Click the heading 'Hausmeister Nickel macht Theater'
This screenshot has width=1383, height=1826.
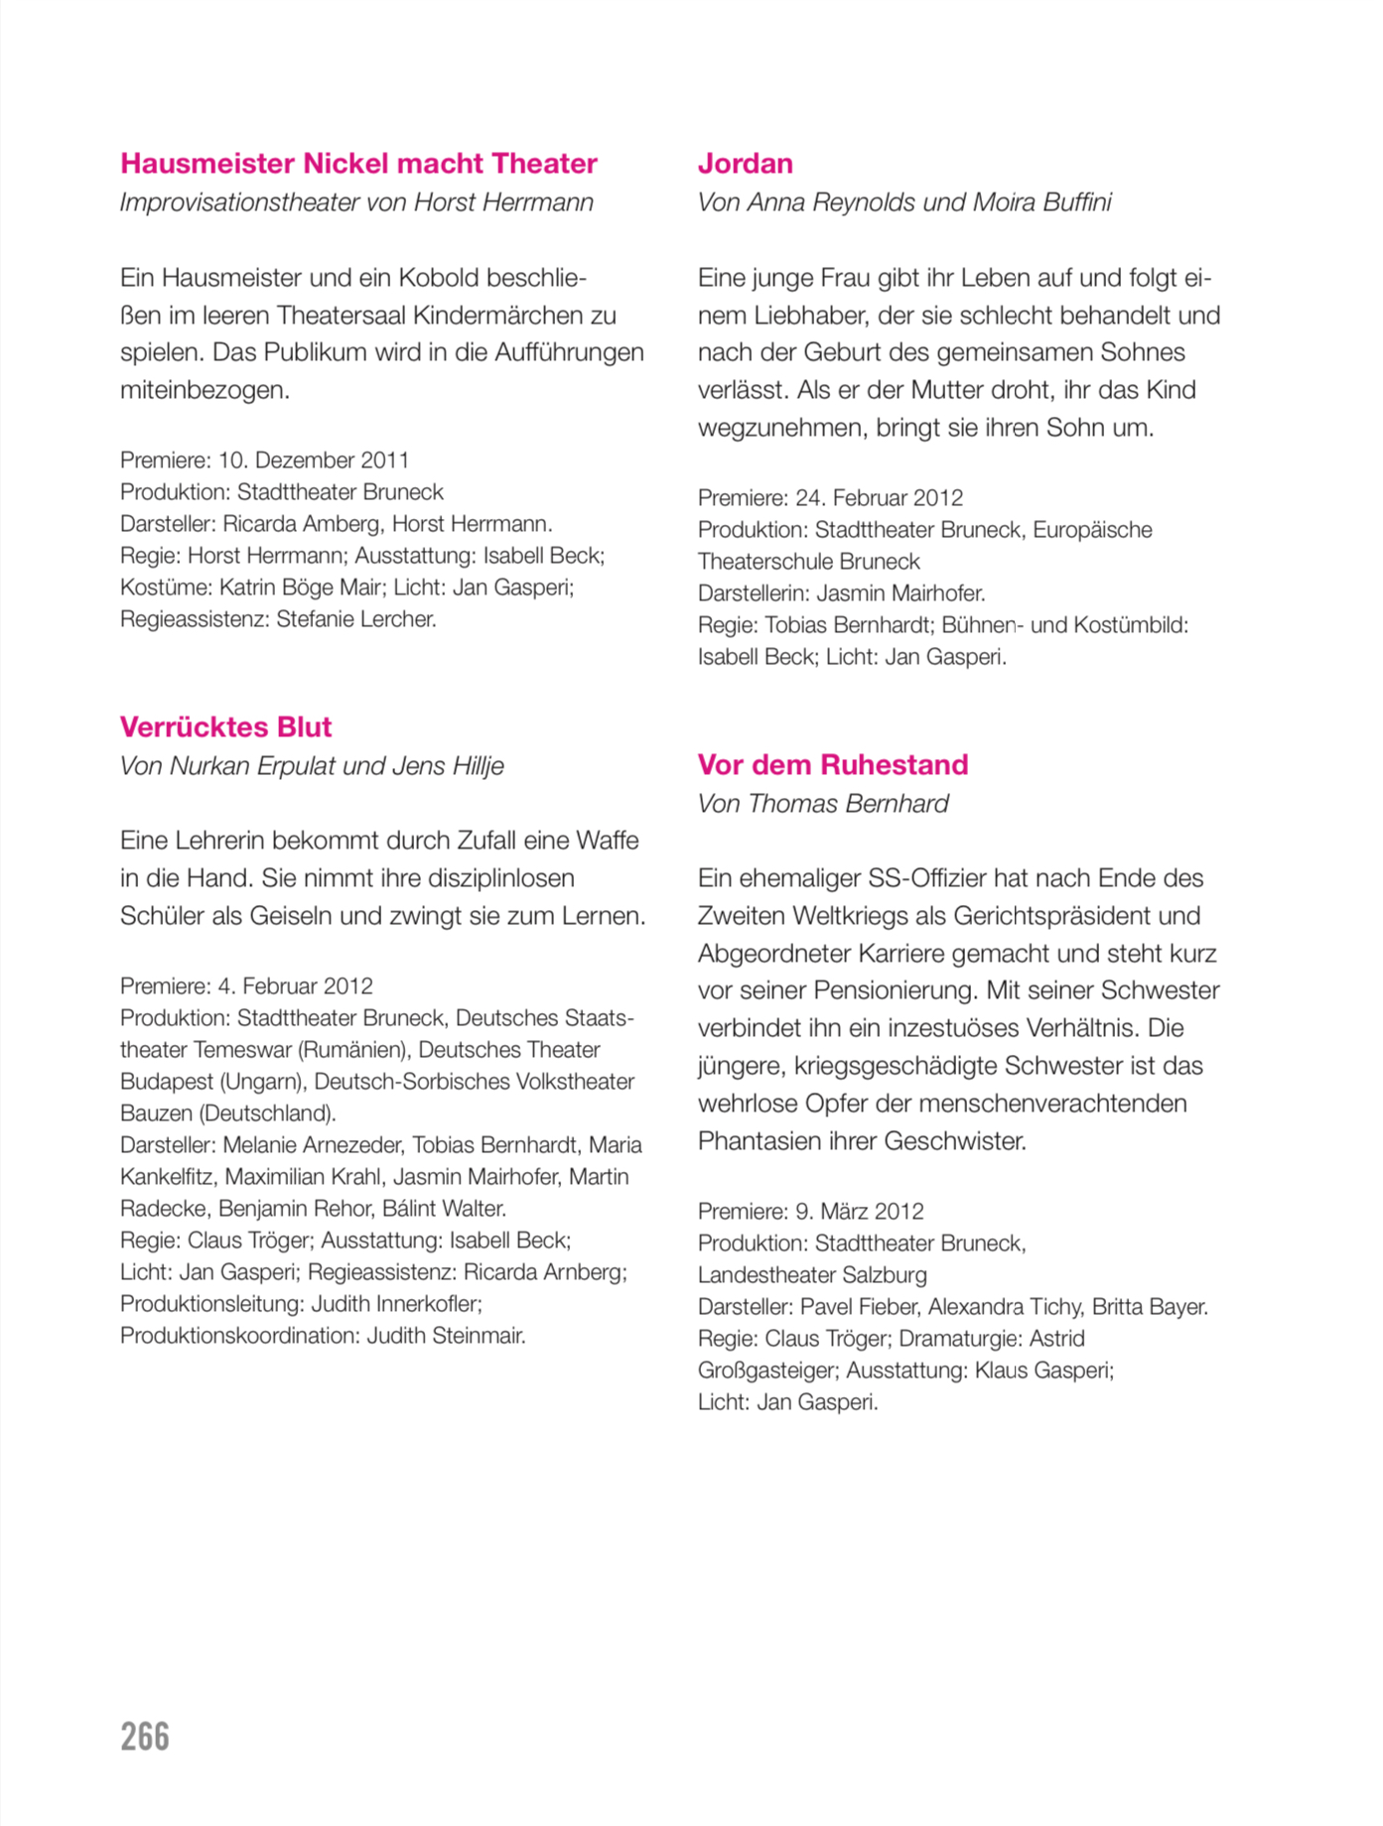(358, 164)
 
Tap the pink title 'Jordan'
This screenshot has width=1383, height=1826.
(745, 164)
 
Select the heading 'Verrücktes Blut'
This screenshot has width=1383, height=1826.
(225, 727)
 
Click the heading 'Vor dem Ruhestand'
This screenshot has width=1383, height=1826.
(832, 765)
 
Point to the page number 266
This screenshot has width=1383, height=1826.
(145, 1737)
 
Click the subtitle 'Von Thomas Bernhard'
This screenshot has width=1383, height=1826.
(822, 804)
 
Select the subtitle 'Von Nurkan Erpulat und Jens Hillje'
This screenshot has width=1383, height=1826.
(312, 766)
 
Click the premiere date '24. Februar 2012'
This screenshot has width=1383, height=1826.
(879, 498)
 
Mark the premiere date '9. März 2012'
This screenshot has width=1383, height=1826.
(859, 1212)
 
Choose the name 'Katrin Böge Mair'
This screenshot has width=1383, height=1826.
(300, 587)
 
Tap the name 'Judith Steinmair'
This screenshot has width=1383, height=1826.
(445, 1336)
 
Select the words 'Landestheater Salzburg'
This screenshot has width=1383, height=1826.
(812, 1275)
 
